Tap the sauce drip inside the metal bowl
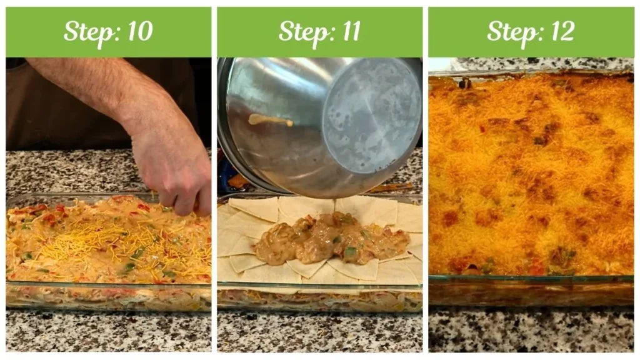pyautogui.click(x=270, y=120)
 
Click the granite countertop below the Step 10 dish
pyautogui.click(x=106, y=331)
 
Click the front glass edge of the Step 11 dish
pyautogui.click(x=319, y=298)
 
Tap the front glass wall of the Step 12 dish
pyautogui.click(x=531, y=291)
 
